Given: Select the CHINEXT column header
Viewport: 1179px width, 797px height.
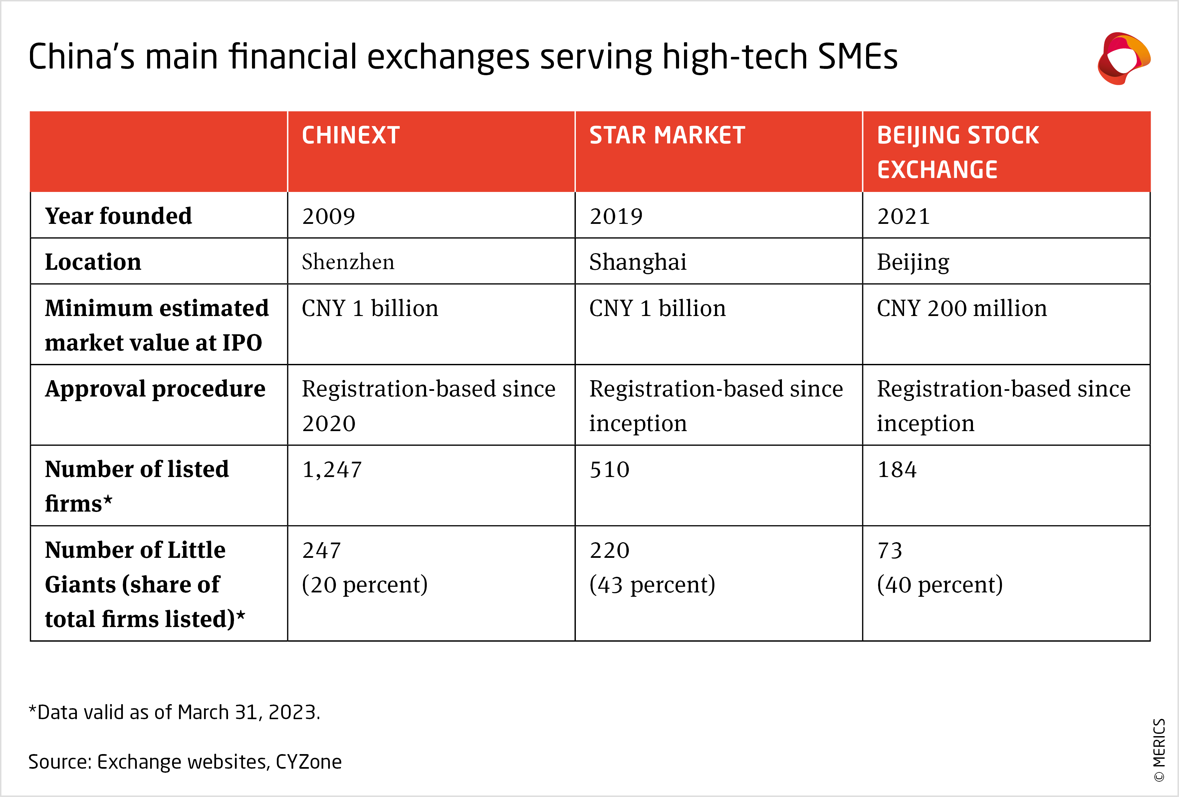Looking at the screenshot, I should click(x=351, y=136).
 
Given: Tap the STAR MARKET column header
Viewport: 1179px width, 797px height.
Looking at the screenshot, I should click(x=667, y=136).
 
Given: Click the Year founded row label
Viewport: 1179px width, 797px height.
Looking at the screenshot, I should click(x=118, y=216).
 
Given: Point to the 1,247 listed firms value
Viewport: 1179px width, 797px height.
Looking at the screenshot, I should click(x=332, y=469).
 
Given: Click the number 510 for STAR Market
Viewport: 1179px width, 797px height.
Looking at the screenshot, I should click(x=609, y=469).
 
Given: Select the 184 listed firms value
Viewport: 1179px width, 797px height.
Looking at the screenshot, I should click(x=897, y=469).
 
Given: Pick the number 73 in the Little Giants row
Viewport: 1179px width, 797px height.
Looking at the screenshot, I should click(x=890, y=551).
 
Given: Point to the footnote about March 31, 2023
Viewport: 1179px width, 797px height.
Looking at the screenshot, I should click(x=174, y=712).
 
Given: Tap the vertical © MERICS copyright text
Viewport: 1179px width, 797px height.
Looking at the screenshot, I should click(x=1159, y=750).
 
